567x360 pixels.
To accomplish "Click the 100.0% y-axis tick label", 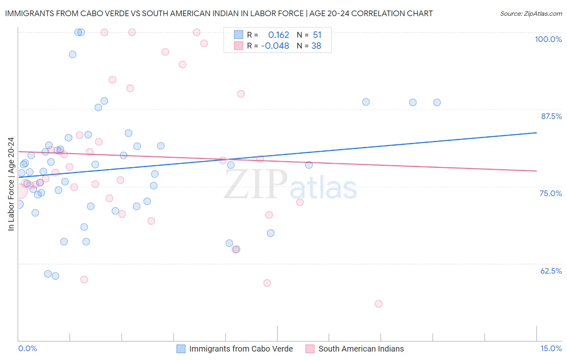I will (548, 39).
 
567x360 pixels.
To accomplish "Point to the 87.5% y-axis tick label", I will (551, 116).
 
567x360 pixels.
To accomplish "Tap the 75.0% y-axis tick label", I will (550, 193).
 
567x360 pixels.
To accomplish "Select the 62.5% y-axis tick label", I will (551, 271).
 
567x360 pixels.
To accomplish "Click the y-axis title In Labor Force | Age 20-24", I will (11, 184).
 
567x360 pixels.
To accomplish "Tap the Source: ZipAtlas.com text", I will (531, 14).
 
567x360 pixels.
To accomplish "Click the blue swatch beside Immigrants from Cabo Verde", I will (181, 349).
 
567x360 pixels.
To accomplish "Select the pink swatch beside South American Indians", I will (310, 349).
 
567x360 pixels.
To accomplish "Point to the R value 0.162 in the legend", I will (279, 35).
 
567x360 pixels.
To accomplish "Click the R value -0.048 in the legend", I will (275, 46).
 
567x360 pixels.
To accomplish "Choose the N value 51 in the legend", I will (317, 35).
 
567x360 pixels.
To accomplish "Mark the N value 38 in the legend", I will (316, 46).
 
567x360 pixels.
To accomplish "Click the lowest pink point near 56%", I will (378, 303).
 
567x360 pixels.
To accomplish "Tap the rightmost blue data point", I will (437, 103).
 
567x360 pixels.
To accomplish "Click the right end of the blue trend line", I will (536, 132).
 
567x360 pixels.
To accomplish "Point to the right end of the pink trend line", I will (536, 171).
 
